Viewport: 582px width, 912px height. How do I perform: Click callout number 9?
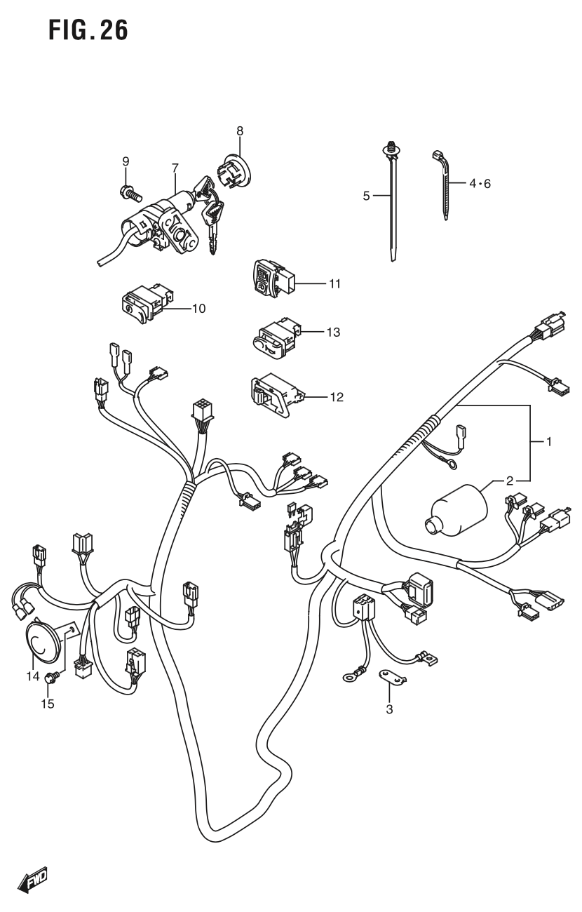[126, 161]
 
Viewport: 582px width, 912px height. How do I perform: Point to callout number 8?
[240, 130]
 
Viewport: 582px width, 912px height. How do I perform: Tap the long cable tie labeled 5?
[391, 203]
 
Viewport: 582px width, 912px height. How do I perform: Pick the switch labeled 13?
[273, 336]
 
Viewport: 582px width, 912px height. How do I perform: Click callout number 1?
[549, 442]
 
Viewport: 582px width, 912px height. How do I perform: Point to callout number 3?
[389, 709]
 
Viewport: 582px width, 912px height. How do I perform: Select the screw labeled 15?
[50, 678]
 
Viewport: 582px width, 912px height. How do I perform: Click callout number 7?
[175, 168]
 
